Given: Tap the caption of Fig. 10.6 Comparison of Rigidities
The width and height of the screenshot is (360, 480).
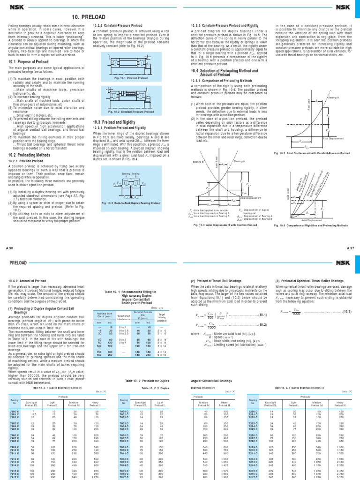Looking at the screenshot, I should pos(313,226).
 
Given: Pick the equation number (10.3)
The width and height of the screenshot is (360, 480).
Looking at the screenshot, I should pos(346,310).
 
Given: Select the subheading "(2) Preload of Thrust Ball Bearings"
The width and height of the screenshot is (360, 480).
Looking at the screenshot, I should pos(218,281).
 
